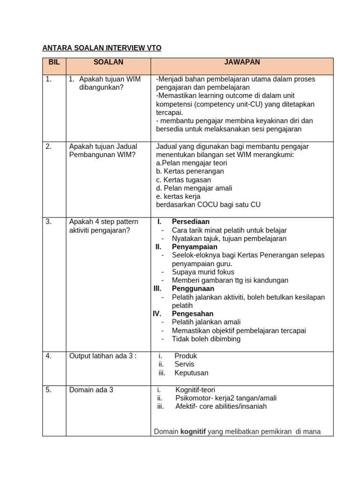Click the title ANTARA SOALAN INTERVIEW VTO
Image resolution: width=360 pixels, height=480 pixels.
coord(102,48)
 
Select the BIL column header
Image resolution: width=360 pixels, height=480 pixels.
coord(54,62)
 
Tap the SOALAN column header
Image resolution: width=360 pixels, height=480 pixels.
coord(108,62)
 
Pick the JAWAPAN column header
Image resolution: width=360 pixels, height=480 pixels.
coord(242,62)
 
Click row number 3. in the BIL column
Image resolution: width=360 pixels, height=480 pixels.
coord(49,222)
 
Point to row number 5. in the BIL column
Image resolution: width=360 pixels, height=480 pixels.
coord(49,390)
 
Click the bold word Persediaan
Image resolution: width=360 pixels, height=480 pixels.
coord(191,222)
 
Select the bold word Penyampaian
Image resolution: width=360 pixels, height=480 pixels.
coord(195,247)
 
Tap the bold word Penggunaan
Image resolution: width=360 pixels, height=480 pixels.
coord(193,289)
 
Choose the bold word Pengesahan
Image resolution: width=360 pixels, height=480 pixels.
coord(193,314)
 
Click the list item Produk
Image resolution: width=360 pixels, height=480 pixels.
coord(186,356)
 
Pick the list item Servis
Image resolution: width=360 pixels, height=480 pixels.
coord(184,364)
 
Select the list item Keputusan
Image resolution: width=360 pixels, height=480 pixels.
coord(191,373)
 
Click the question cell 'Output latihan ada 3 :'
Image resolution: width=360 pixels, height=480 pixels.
coord(103,356)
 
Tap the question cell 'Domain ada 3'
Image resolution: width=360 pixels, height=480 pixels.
coord(91,390)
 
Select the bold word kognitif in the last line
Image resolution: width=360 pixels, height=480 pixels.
coord(193,432)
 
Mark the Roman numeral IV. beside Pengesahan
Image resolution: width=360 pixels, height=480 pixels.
coord(157,314)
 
